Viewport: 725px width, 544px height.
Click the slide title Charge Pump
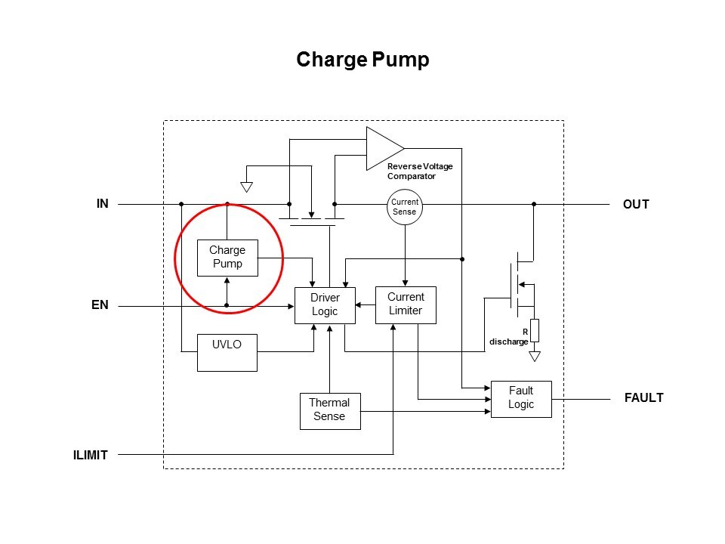click(x=362, y=60)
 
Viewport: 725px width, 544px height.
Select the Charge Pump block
click(x=227, y=257)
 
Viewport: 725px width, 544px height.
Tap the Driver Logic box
click(x=325, y=304)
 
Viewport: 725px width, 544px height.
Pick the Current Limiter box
click(x=406, y=304)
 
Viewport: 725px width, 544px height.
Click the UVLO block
click(x=227, y=352)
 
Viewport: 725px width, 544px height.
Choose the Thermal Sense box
click(x=329, y=410)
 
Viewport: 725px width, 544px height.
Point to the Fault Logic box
click(x=521, y=398)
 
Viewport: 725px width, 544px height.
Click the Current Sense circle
click(x=404, y=206)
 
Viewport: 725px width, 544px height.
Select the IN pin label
click(x=102, y=203)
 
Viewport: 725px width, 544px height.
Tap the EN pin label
click(x=100, y=305)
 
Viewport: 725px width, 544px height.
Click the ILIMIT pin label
click(x=91, y=455)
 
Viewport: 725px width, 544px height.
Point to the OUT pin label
click(x=636, y=204)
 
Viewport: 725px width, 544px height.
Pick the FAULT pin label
click(x=643, y=397)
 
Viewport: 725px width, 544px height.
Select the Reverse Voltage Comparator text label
click(x=420, y=171)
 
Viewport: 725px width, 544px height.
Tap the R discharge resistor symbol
click(x=535, y=330)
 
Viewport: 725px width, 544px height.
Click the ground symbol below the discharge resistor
click(x=535, y=355)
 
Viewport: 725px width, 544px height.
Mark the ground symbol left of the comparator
click(x=245, y=187)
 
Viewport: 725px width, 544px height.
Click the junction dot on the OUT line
click(x=534, y=204)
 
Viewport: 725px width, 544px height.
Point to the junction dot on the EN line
click(x=227, y=305)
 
